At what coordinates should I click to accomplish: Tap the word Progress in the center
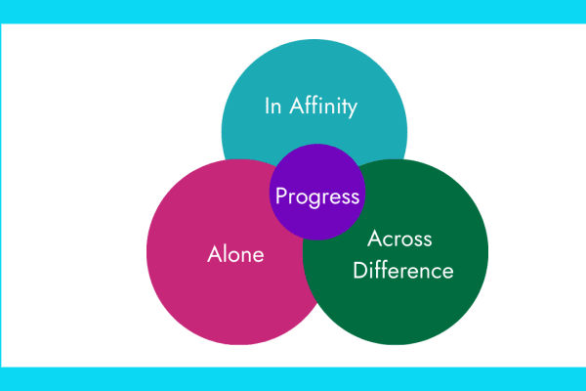[x=317, y=195]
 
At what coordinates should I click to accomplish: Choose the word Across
[x=399, y=239]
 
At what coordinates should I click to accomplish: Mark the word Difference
[x=403, y=271]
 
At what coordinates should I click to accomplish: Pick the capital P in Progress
[x=281, y=195]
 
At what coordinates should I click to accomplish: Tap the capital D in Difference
[x=359, y=271]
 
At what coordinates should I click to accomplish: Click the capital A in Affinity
[x=299, y=106]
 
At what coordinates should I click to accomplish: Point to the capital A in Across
[x=375, y=239]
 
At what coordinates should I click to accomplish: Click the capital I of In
[x=268, y=106]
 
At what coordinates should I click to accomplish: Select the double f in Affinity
[x=314, y=105]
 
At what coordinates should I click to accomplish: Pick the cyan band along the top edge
[x=293, y=10]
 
